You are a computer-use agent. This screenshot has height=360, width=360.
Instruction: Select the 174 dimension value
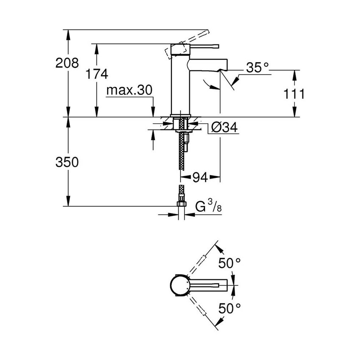point(97,74)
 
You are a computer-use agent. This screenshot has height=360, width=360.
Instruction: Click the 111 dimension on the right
point(293,94)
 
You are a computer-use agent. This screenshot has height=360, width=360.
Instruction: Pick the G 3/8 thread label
point(208,208)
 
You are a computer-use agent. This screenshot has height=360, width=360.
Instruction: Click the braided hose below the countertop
point(183,157)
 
